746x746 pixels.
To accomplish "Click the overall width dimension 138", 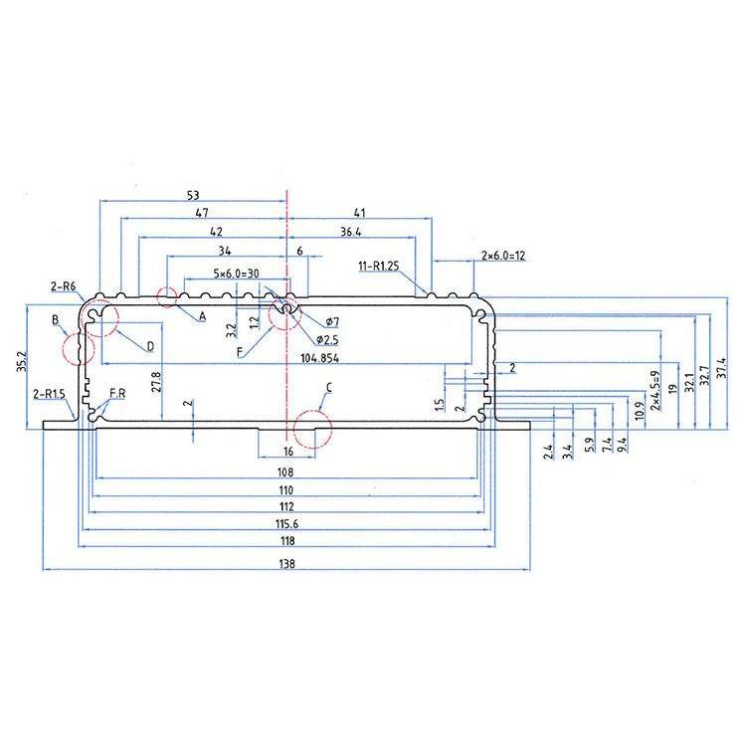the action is pyautogui.click(x=286, y=564).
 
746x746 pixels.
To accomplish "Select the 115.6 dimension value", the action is pyautogui.click(x=286, y=524).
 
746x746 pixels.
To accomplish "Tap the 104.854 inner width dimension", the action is pyautogui.click(x=319, y=358).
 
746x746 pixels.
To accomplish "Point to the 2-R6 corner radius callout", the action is pyautogui.click(x=63, y=286).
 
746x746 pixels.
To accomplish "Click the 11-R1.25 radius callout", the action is pyautogui.click(x=379, y=266).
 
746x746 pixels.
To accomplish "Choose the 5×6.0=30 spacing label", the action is pyautogui.click(x=236, y=274).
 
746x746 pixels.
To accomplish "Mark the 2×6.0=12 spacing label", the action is pyautogui.click(x=503, y=256).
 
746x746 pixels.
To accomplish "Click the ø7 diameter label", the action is pyautogui.click(x=332, y=322).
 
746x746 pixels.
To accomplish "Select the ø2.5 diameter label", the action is pyautogui.click(x=327, y=340).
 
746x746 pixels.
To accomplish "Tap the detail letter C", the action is pyautogui.click(x=329, y=388).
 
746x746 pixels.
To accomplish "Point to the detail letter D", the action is pyautogui.click(x=151, y=346).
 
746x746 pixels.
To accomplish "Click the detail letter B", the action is pyautogui.click(x=55, y=319).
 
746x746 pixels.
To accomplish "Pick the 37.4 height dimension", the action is pyautogui.click(x=722, y=368).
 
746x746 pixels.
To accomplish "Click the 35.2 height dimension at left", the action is pyautogui.click(x=23, y=362).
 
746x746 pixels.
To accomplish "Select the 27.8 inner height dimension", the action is pyautogui.click(x=157, y=381).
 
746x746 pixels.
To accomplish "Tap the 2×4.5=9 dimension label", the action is pyautogui.click(x=655, y=390).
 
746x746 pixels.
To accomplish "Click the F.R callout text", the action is pyautogui.click(x=117, y=394).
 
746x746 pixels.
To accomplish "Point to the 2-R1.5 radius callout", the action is pyautogui.click(x=49, y=394).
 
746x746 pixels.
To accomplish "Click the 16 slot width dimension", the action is pyautogui.click(x=288, y=451).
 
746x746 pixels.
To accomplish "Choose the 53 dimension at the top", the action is pyautogui.click(x=193, y=195).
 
